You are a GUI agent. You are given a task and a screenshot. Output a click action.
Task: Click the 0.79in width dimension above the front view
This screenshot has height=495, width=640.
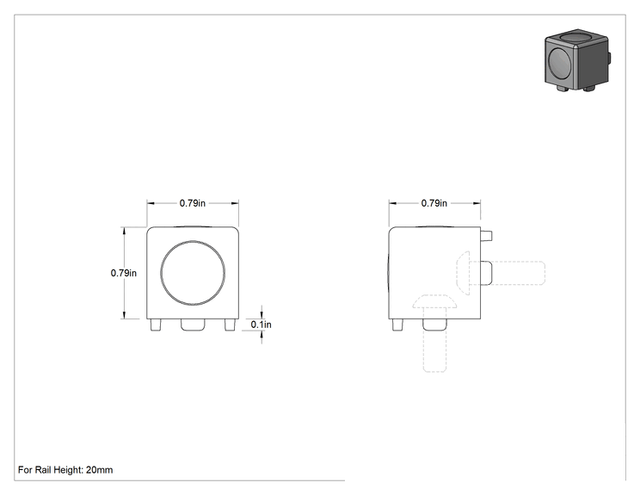click(193, 203)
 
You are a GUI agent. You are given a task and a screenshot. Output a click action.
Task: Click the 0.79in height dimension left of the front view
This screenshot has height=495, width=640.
click(124, 273)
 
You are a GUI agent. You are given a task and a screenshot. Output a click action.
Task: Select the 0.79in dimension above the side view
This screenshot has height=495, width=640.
click(434, 203)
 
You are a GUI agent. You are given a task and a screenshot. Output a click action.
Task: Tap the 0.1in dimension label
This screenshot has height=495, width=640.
click(262, 325)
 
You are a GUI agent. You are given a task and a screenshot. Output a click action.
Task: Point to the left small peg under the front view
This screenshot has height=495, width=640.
click(156, 325)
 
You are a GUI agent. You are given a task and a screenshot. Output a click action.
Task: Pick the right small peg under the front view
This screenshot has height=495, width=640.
click(231, 325)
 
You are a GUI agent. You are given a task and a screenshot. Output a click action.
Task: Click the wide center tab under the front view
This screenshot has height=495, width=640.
click(193, 325)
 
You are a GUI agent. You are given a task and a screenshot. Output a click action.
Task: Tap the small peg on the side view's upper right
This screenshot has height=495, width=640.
click(486, 236)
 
